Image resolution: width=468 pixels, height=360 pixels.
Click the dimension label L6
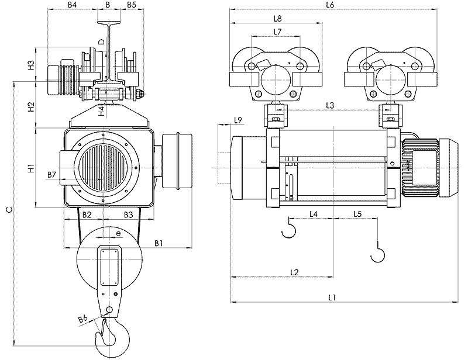point(330,5)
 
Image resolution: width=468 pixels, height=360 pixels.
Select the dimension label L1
point(332,297)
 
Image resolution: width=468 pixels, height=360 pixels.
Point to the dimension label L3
point(331,105)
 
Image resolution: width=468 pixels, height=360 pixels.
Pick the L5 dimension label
point(357,214)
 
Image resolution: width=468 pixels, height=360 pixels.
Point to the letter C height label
point(8,209)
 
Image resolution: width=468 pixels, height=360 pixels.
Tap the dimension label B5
point(131,5)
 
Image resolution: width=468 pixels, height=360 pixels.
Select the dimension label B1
point(159,243)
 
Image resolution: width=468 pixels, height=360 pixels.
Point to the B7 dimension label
point(51,175)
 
